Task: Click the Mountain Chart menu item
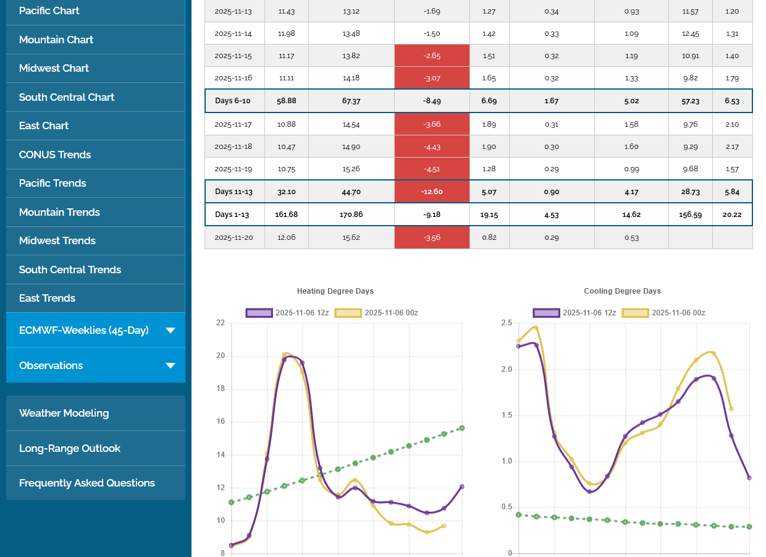(56, 40)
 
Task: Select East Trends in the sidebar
(47, 298)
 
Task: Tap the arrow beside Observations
(170, 365)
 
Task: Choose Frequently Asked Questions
(86, 483)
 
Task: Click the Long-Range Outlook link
(69, 448)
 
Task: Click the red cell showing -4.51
(432, 169)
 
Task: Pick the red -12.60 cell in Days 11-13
(432, 192)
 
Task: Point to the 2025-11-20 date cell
(234, 237)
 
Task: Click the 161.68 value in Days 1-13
(287, 215)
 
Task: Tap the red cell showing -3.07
(432, 78)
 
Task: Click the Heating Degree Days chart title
(335, 291)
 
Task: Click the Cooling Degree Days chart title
(622, 291)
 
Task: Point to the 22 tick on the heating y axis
(221, 323)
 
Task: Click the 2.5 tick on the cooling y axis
(506, 323)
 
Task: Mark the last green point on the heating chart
(462, 428)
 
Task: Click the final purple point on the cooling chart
(749, 478)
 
